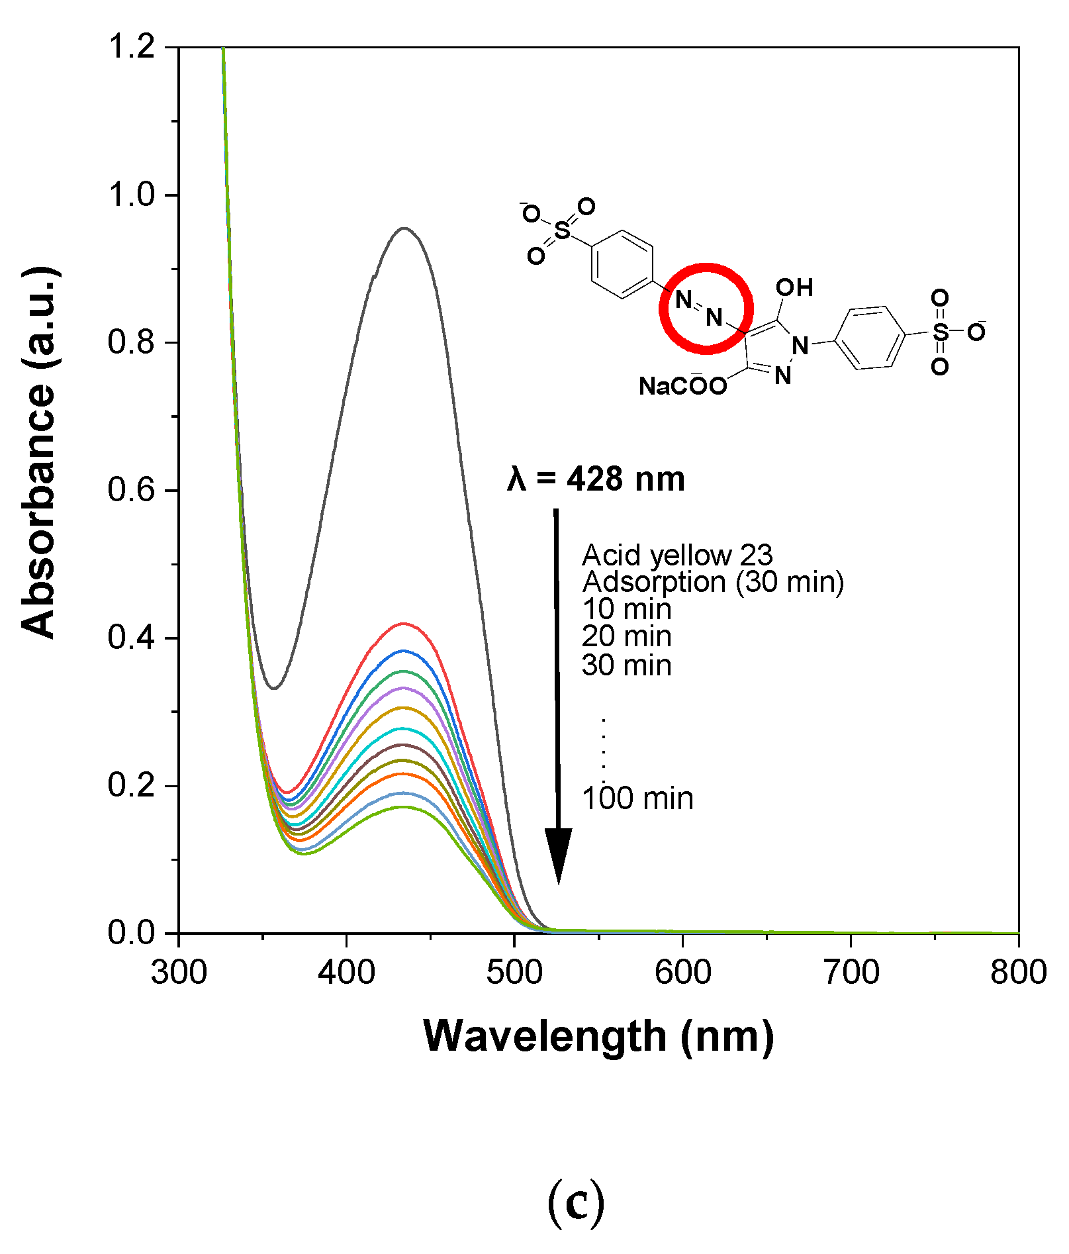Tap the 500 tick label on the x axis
coord(514,972)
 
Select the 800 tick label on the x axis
coord(1018,972)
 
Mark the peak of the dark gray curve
coord(404,228)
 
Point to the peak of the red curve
coord(402,623)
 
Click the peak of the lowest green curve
coord(401,806)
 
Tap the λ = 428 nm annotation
coord(596,479)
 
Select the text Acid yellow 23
coord(677,555)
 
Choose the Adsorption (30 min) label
coord(713,582)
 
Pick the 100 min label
coord(637,798)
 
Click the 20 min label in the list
coord(626,636)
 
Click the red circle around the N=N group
coord(706,266)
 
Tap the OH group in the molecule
coord(794,287)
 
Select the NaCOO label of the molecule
coord(682,386)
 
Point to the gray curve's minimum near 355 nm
coord(274,688)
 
